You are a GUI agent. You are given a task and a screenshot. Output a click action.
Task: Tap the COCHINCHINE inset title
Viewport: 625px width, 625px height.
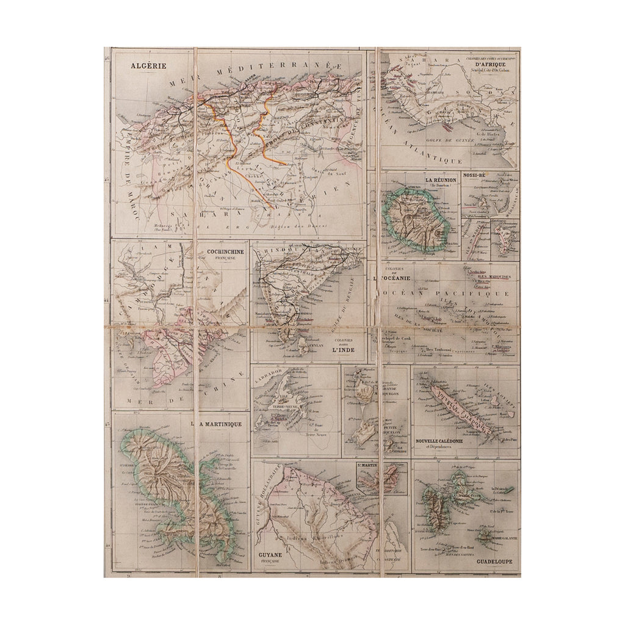(225, 251)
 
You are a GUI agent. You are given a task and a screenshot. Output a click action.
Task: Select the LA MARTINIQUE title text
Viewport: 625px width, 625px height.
(217, 423)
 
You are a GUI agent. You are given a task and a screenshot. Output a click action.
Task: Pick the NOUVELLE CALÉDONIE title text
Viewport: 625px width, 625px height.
(438, 441)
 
